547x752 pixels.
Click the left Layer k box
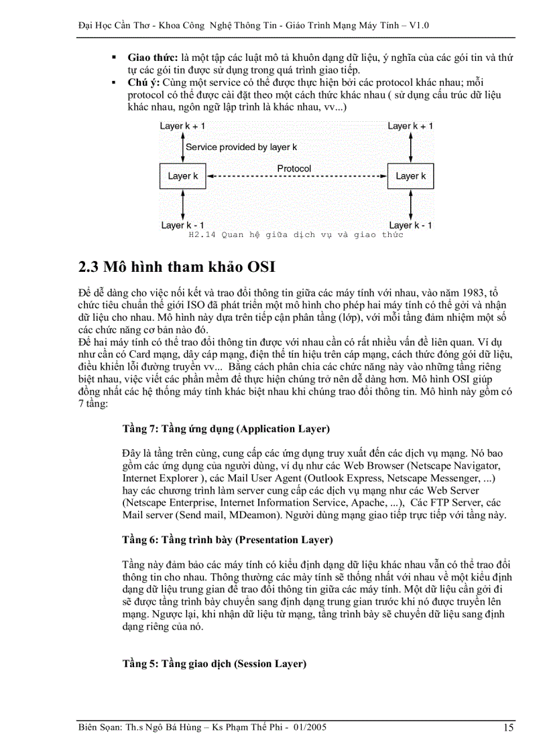point(182,176)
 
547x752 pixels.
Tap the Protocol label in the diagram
point(294,168)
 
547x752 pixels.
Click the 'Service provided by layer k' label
point(241,147)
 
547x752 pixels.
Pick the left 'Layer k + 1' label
point(182,126)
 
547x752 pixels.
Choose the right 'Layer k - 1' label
point(410,225)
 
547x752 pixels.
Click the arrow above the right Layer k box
point(410,147)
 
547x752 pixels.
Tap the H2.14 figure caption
point(296,234)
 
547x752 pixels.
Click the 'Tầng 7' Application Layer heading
point(226,429)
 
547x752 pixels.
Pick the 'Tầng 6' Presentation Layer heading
point(227,539)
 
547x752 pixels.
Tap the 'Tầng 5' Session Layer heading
point(214,664)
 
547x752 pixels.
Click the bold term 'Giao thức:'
point(153,58)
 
